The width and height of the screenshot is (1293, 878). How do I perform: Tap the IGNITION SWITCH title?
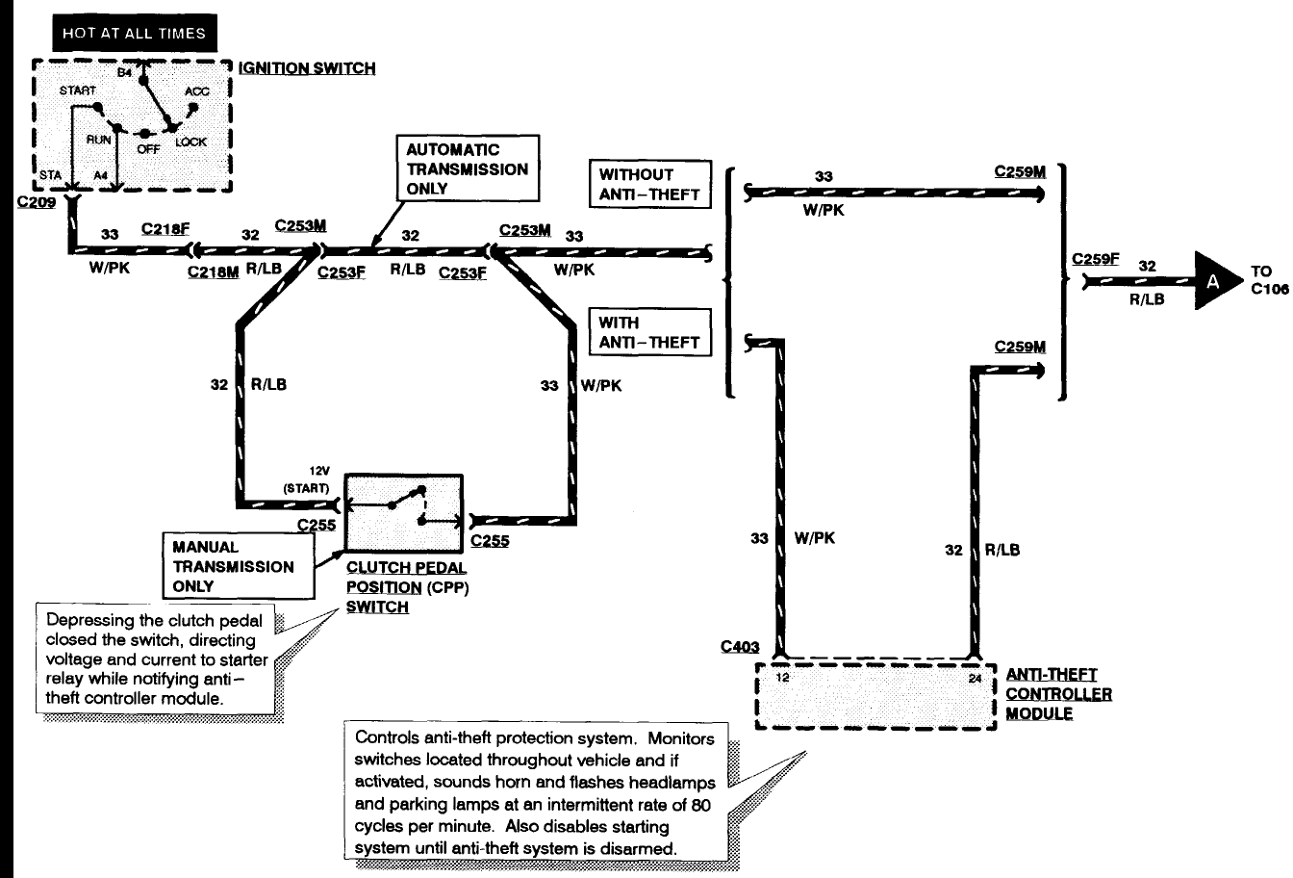point(307,68)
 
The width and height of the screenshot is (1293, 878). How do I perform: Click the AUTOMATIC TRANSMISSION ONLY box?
point(467,169)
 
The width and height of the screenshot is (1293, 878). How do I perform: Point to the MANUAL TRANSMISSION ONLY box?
point(241,566)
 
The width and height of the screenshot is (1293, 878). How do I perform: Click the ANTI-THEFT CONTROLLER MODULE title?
point(1058,694)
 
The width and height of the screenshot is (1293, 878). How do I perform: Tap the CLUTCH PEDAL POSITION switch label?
point(407,587)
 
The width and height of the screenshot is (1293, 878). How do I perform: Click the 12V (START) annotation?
point(305,478)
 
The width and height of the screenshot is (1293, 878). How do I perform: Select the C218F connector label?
point(165,229)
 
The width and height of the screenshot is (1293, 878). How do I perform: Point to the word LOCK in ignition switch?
point(190,142)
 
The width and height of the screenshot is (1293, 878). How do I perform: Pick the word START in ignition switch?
point(79,90)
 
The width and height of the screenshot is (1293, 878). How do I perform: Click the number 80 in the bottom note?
point(699,808)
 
